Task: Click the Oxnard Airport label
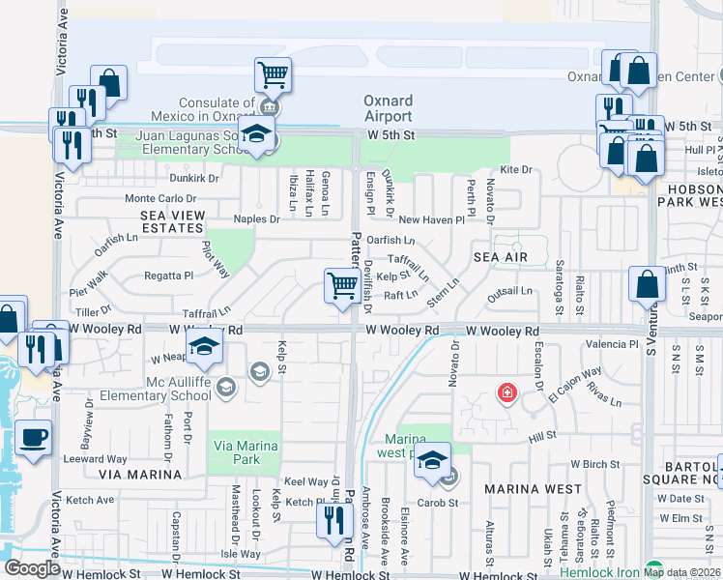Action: tap(388, 108)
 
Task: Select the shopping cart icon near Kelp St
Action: tap(342, 286)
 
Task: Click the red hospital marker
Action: tap(506, 392)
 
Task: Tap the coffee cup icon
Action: tap(34, 437)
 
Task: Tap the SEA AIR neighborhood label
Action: tap(501, 257)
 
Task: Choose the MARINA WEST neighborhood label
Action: tap(533, 489)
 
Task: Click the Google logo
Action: tap(32, 567)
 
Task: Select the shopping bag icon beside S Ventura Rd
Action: tap(647, 284)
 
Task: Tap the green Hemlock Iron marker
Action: tap(654, 568)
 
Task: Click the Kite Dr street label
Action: tap(516, 169)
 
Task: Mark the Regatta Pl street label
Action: tap(169, 275)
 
